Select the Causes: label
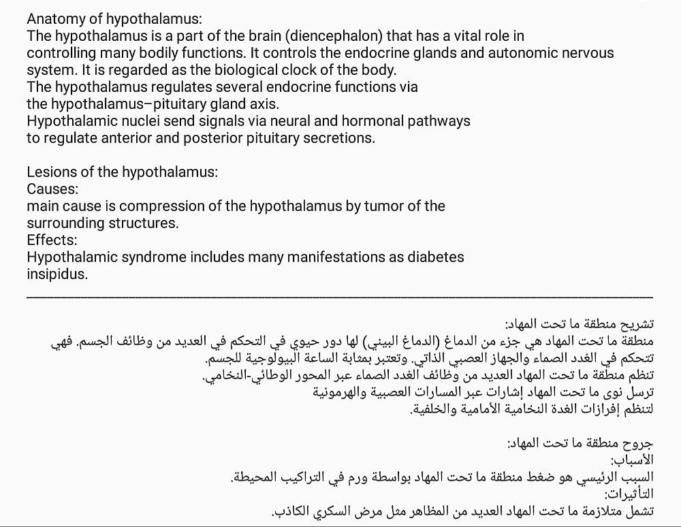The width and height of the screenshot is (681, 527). [52, 189]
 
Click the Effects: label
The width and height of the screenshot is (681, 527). [52, 240]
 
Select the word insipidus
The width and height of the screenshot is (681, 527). [57, 274]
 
